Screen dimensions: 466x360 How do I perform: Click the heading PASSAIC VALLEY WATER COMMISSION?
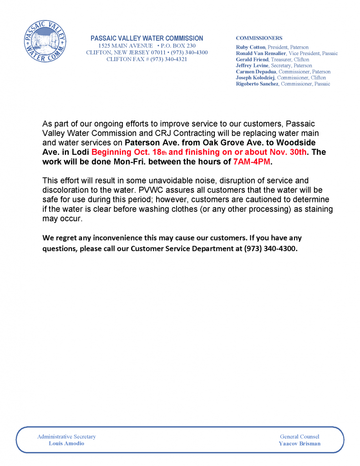(x=147, y=38)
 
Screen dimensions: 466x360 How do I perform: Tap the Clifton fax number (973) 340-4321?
(x=168, y=59)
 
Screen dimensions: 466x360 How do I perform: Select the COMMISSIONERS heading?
(x=259, y=38)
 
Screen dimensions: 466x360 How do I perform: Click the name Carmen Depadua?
(x=256, y=72)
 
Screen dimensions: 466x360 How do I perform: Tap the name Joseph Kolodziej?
(x=255, y=78)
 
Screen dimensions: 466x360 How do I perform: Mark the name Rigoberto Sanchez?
(x=257, y=84)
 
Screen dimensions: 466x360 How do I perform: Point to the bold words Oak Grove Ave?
(x=227, y=142)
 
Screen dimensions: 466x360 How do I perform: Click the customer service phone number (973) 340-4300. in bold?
(x=271, y=248)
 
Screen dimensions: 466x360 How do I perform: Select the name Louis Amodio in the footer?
(x=66, y=443)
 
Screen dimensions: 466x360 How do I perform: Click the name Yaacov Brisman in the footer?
(x=299, y=443)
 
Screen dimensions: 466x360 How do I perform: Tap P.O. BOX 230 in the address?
(x=178, y=46)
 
